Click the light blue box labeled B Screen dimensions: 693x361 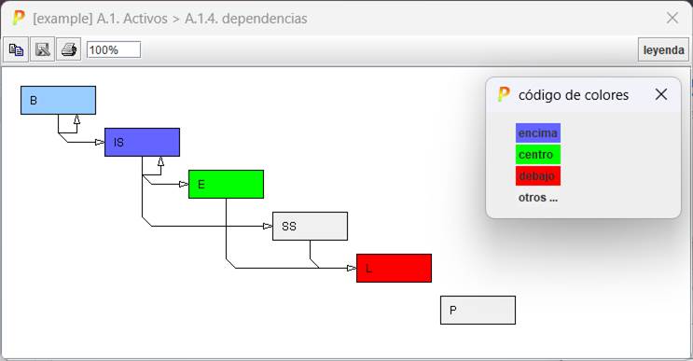pos(58,100)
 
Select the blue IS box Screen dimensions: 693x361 pos(142,142)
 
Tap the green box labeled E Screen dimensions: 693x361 pos(226,184)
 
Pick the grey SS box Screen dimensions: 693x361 pos(310,226)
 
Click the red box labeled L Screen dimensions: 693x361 pos(394,268)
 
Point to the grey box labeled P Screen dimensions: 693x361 pos(478,310)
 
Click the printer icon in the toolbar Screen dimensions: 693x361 pos(69,49)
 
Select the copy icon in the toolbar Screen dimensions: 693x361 pos(17,49)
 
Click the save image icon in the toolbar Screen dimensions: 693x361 pos(43,49)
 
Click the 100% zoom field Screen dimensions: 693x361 pos(113,49)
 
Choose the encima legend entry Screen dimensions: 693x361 pos(537,133)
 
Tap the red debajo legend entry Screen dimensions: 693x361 pos(537,175)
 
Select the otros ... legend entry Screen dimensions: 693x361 pos(537,197)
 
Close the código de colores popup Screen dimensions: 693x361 pos(661,94)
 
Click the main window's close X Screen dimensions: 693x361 pos(672,18)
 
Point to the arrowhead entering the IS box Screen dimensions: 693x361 pos(100,142)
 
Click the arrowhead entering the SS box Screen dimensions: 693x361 pos(268,226)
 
